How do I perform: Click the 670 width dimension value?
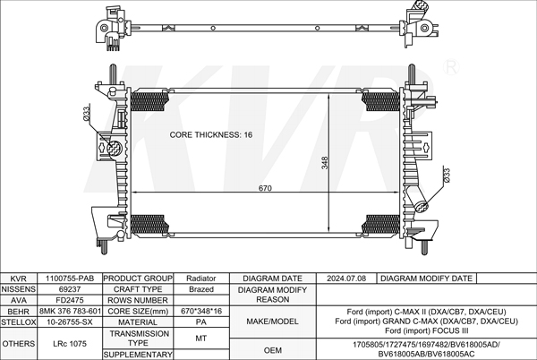click(x=265, y=188)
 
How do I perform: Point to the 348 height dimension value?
click(x=325, y=163)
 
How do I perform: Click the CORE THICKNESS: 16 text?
click(x=211, y=134)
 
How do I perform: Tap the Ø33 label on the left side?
click(x=86, y=113)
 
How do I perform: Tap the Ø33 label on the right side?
click(x=447, y=175)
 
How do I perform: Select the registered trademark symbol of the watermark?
click(x=451, y=68)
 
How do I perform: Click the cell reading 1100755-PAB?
click(x=70, y=279)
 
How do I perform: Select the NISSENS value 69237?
click(x=70, y=289)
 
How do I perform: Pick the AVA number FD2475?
click(x=70, y=300)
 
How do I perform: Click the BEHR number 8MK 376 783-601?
click(x=70, y=311)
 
